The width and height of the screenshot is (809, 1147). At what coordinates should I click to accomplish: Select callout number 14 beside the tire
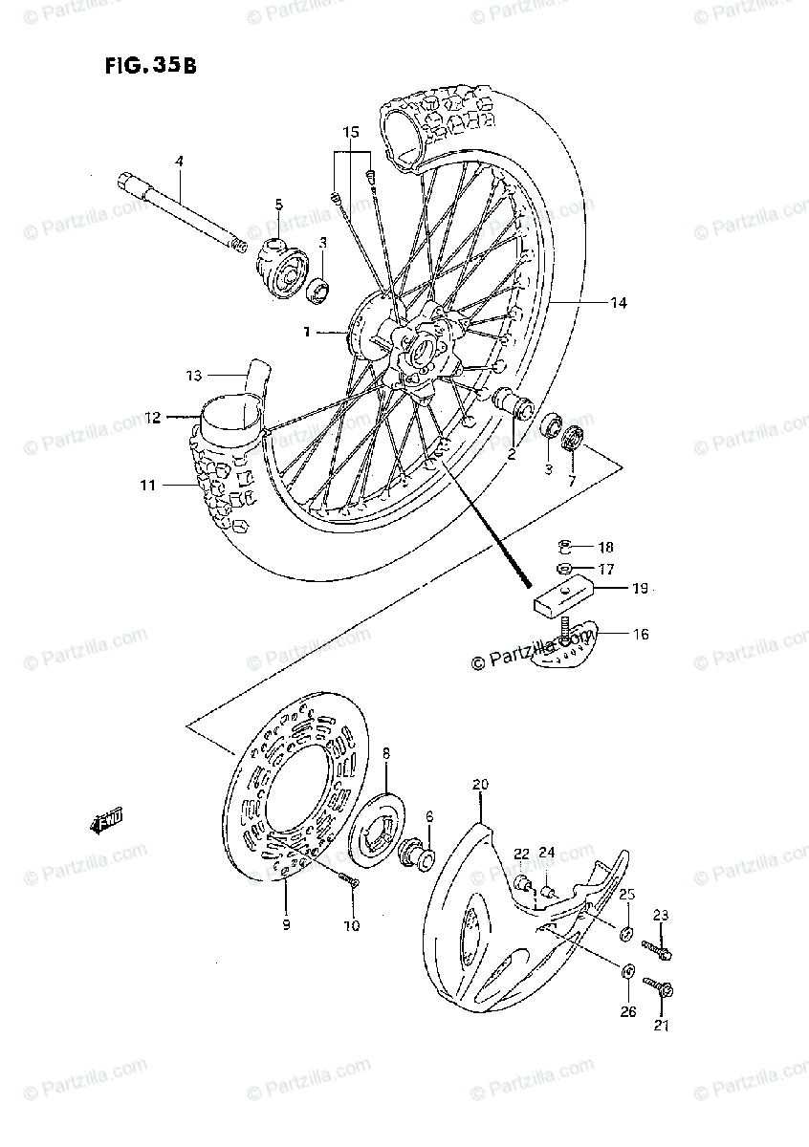coord(619,303)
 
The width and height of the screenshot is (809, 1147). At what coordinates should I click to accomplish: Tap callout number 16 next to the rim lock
coord(640,634)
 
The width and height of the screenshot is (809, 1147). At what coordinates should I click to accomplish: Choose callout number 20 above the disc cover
coord(480,785)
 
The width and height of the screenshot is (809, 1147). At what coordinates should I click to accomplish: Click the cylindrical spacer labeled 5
coord(280,261)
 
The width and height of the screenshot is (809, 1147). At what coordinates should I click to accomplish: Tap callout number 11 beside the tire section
coord(146,486)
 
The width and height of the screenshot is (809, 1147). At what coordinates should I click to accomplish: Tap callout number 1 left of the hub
coord(307,333)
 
